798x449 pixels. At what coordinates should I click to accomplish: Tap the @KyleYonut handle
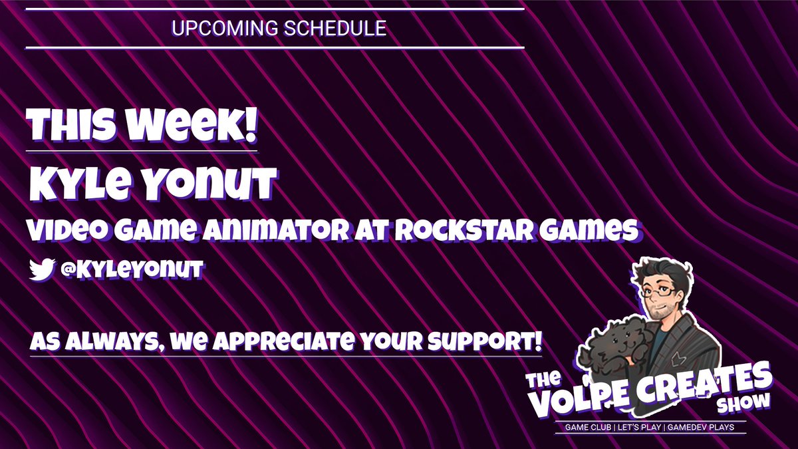130,269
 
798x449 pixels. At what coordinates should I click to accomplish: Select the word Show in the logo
743,403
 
